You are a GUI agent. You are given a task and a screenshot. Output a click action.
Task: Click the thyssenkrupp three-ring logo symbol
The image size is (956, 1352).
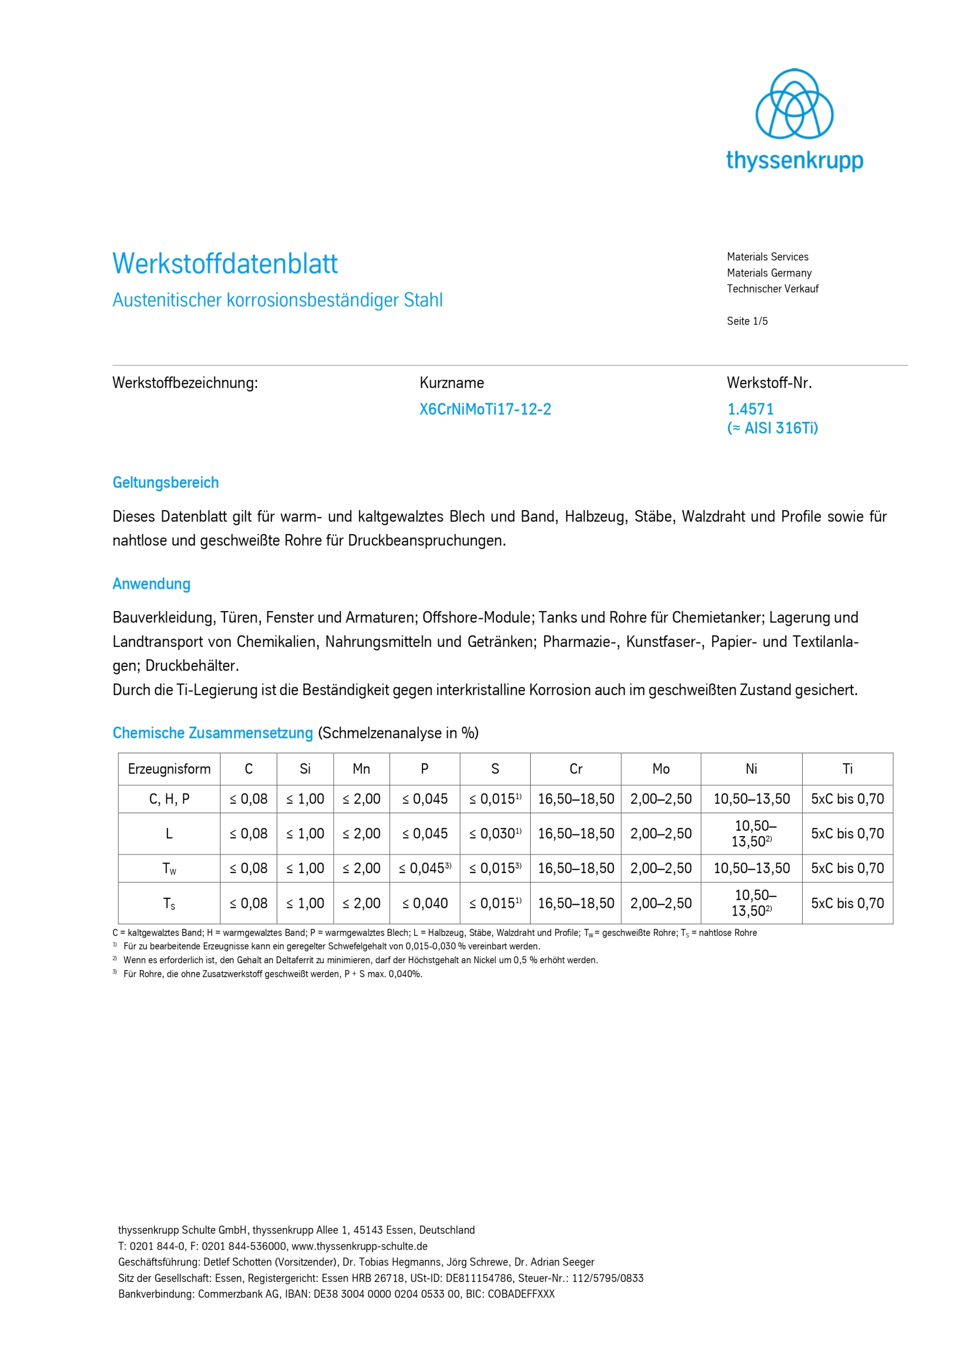click(x=794, y=104)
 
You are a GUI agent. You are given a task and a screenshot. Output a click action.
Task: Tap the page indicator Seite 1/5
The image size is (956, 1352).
click(x=747, y=321)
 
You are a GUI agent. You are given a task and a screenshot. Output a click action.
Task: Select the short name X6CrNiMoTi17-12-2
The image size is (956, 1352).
click(x=485, y=409)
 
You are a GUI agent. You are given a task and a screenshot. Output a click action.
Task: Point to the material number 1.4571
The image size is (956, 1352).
click(x=751, y=409)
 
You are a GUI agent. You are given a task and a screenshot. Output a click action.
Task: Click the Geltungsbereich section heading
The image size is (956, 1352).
click(x=165, y=483)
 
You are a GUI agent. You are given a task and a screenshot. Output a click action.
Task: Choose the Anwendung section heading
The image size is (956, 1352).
click(x=152, y=584)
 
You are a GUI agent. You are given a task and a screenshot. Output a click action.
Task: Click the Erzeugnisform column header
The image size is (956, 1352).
click(x=169, y=769)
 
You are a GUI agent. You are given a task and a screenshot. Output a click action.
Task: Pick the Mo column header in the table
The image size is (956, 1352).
click(x=661, y=769)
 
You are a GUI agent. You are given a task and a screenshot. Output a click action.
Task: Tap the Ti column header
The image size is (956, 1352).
click(x=847, y=769)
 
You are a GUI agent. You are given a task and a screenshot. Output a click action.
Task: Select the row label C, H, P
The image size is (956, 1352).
click(x=169, y=799)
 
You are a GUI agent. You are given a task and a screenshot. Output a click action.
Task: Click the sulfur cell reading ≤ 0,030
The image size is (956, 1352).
click(x=495, y=834)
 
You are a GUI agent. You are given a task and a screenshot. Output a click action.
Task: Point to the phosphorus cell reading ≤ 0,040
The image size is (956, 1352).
click(x=425, y=903)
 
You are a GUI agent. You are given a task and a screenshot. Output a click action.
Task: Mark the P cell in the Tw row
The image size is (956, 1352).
click(x=425, y=869)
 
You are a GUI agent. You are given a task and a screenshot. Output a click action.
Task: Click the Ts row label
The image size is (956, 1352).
click(x=169, y=903)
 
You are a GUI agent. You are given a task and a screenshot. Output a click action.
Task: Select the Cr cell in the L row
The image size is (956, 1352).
click(x=576, y=834)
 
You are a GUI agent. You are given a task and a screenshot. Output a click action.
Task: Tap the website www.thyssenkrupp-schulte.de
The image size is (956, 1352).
click(x=359, y=1246)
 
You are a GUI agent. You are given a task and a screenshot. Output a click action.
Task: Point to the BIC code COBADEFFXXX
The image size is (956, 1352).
click(x=521, y=1294)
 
